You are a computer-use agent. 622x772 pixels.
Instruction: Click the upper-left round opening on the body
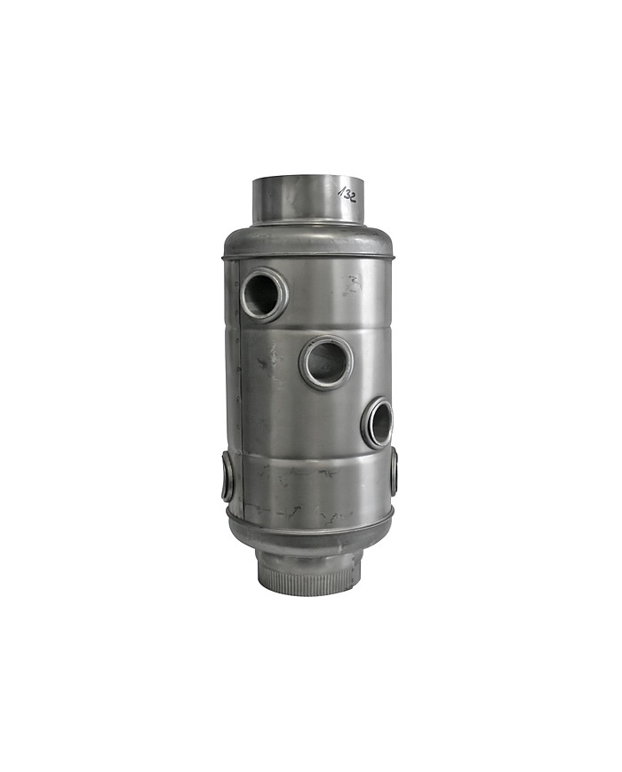coord(265,294)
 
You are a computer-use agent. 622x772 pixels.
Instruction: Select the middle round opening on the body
coord(326,362)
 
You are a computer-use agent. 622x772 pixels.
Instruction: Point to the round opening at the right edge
coord(378,424)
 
